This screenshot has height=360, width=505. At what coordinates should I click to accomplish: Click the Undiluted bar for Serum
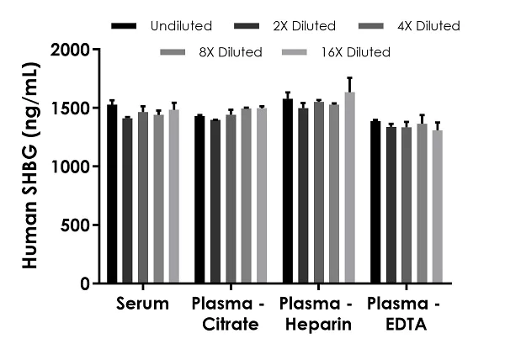(112, 194)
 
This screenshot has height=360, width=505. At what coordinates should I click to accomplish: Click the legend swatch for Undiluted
(124, 27)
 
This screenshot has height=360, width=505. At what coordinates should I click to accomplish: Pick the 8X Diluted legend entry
(231, 53)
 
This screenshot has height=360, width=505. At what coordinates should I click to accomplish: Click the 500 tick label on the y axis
(75, 225)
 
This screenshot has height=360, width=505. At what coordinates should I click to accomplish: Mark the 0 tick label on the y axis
(85, 284)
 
